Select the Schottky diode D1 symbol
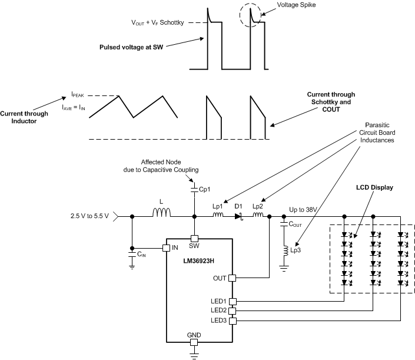(239, 217)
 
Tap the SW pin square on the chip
(194, 239)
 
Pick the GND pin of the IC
(194, 342)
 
